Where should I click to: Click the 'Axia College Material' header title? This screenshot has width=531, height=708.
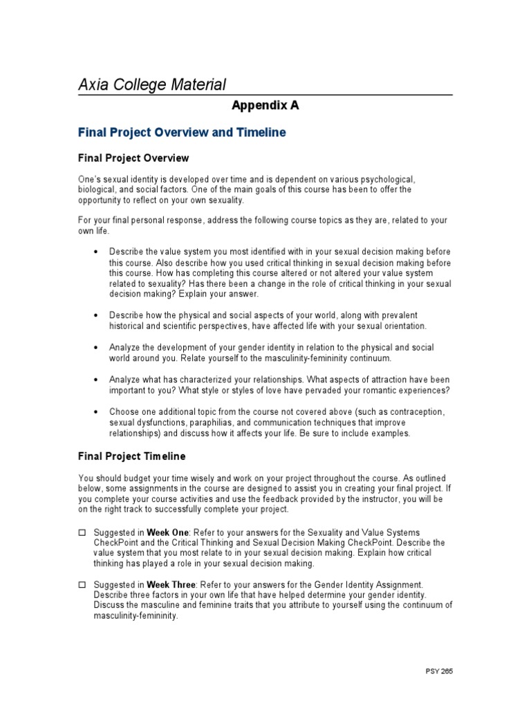(x=151, y=84)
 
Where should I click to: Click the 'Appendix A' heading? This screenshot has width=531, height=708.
(x=265, y=106)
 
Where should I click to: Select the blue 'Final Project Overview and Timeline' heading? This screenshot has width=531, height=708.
(x=182, y=132)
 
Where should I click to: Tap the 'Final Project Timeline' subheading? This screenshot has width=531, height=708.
(x=131, y=456)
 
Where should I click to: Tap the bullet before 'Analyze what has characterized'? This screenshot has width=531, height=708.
(x=95, y=380)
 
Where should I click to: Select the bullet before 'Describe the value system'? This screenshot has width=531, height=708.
(x=95, y=252)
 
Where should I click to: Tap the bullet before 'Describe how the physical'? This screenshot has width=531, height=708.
(x=95, y=315)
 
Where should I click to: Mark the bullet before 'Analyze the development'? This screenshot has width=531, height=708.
(x=95, y=348)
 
